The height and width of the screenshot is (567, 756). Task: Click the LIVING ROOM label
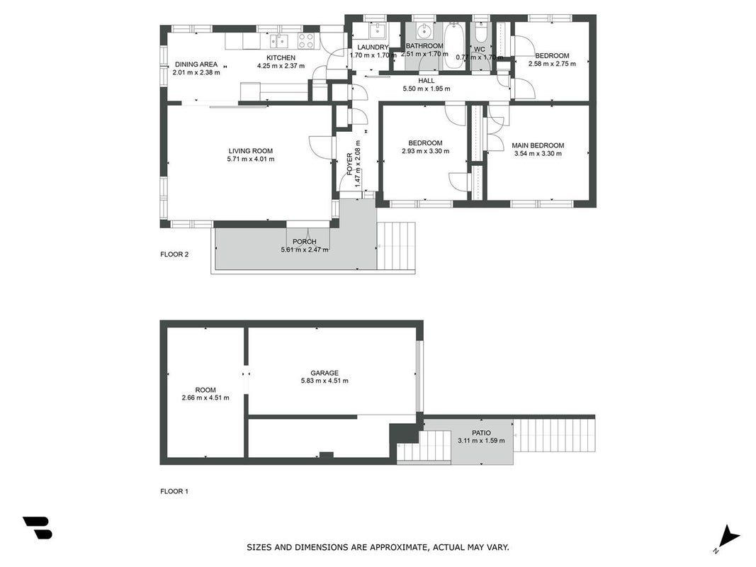tap(251, 151)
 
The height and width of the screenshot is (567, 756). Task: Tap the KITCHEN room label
tap(281, 58)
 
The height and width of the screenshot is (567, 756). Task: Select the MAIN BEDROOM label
tap(538, 145)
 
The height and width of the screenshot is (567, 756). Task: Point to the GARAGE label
tap(325, 373)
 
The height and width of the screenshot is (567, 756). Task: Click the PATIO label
tap(481, 433)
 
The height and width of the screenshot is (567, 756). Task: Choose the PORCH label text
tap(305, 242)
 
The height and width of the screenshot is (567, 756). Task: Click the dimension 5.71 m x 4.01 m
tap(251, 159)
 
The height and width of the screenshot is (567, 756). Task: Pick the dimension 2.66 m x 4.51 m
tap(205, 398)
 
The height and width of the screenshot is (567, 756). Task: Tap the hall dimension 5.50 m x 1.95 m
tap(427, 89)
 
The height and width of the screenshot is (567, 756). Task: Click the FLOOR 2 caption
tap(174, 254)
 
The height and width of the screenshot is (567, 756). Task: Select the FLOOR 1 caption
tap(174, 491)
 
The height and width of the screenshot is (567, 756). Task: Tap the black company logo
tap(38, 527)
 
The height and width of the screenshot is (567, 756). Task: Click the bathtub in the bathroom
tap(453, 46)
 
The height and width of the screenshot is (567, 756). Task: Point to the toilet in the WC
tap(480, 33)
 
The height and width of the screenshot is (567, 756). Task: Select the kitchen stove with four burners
tap(306, 41)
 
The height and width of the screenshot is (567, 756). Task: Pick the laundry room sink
tap(377, 31)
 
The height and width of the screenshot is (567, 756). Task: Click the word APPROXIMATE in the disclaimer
tap(397, 547)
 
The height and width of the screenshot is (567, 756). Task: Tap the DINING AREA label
tap(196, 64)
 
